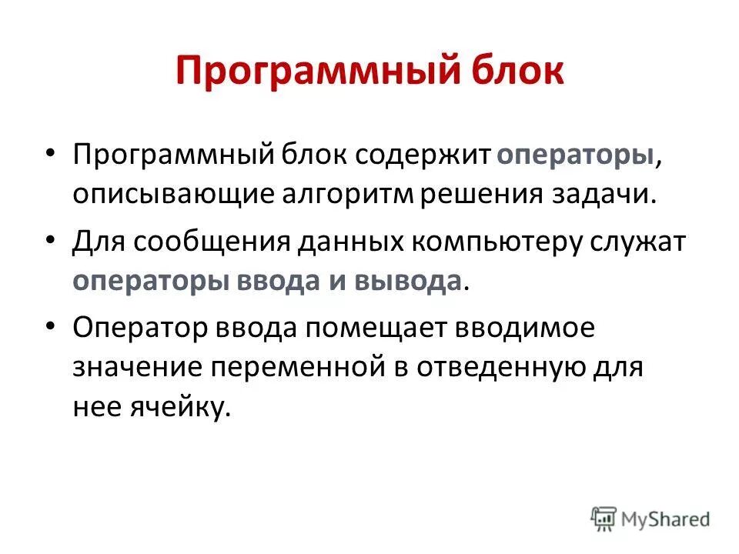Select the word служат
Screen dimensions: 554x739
tap(640, 240)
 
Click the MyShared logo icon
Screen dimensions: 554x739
tap(604, 518)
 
